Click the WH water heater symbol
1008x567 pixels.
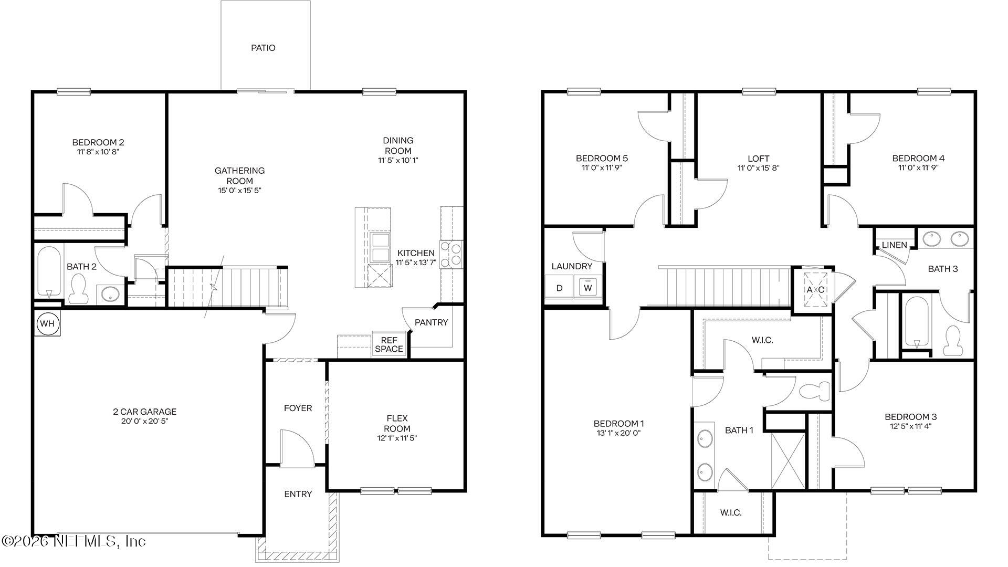coord(47,324)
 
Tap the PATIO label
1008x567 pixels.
coord(263,48)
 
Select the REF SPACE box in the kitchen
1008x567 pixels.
coord(389,344)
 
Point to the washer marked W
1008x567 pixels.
coord(588,288)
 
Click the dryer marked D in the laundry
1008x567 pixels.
coord(560,288)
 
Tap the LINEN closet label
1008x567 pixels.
coord(894,245)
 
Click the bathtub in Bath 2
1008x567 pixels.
coord(49,272)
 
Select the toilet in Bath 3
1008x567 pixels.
coord(951,341)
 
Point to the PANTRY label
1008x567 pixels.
coord(431,322)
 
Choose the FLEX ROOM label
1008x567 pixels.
coord(397,423)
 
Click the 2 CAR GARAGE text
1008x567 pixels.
coord(144,412)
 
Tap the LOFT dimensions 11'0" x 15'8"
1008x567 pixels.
coord(758,168)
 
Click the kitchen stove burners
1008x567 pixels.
coord(451,254)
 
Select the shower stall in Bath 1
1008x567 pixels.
coord(787,460)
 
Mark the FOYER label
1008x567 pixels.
coord(298,408)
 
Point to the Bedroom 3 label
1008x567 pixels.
coord(910,417)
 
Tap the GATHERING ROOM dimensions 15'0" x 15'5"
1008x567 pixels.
coord(239,191)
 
